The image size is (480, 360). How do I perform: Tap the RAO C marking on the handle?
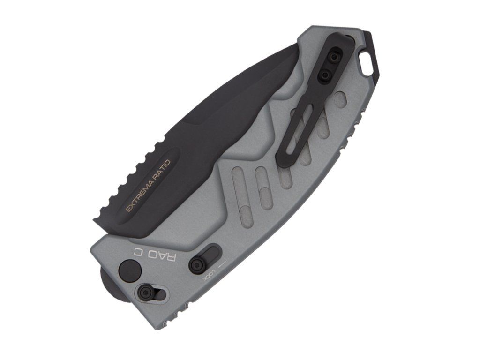click(x=155, y=255)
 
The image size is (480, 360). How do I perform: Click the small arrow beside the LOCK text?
click(x=221, y=263)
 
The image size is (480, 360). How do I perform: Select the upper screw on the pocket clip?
click(x=333, y=58)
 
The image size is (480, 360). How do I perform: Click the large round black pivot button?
click(x=130, y=269)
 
